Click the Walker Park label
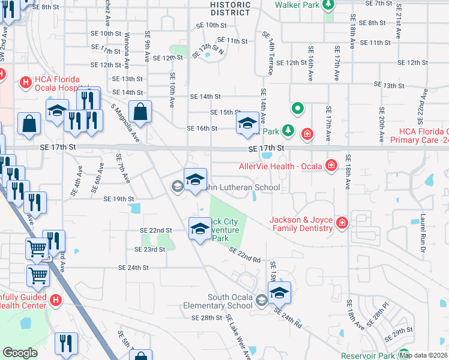click(x=296, y=5)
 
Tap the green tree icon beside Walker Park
click(x=328, y=5)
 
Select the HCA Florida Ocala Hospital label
click(x=56, y=81)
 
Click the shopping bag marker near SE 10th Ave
click(x=140, y=112)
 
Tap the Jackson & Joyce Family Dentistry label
click(x=301, y=224)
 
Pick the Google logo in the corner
click(x=20, y=353)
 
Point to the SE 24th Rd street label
click(x=288, y=317)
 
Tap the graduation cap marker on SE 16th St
click(x=246, y=124)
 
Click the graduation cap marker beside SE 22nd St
click(x=200, y=229)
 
